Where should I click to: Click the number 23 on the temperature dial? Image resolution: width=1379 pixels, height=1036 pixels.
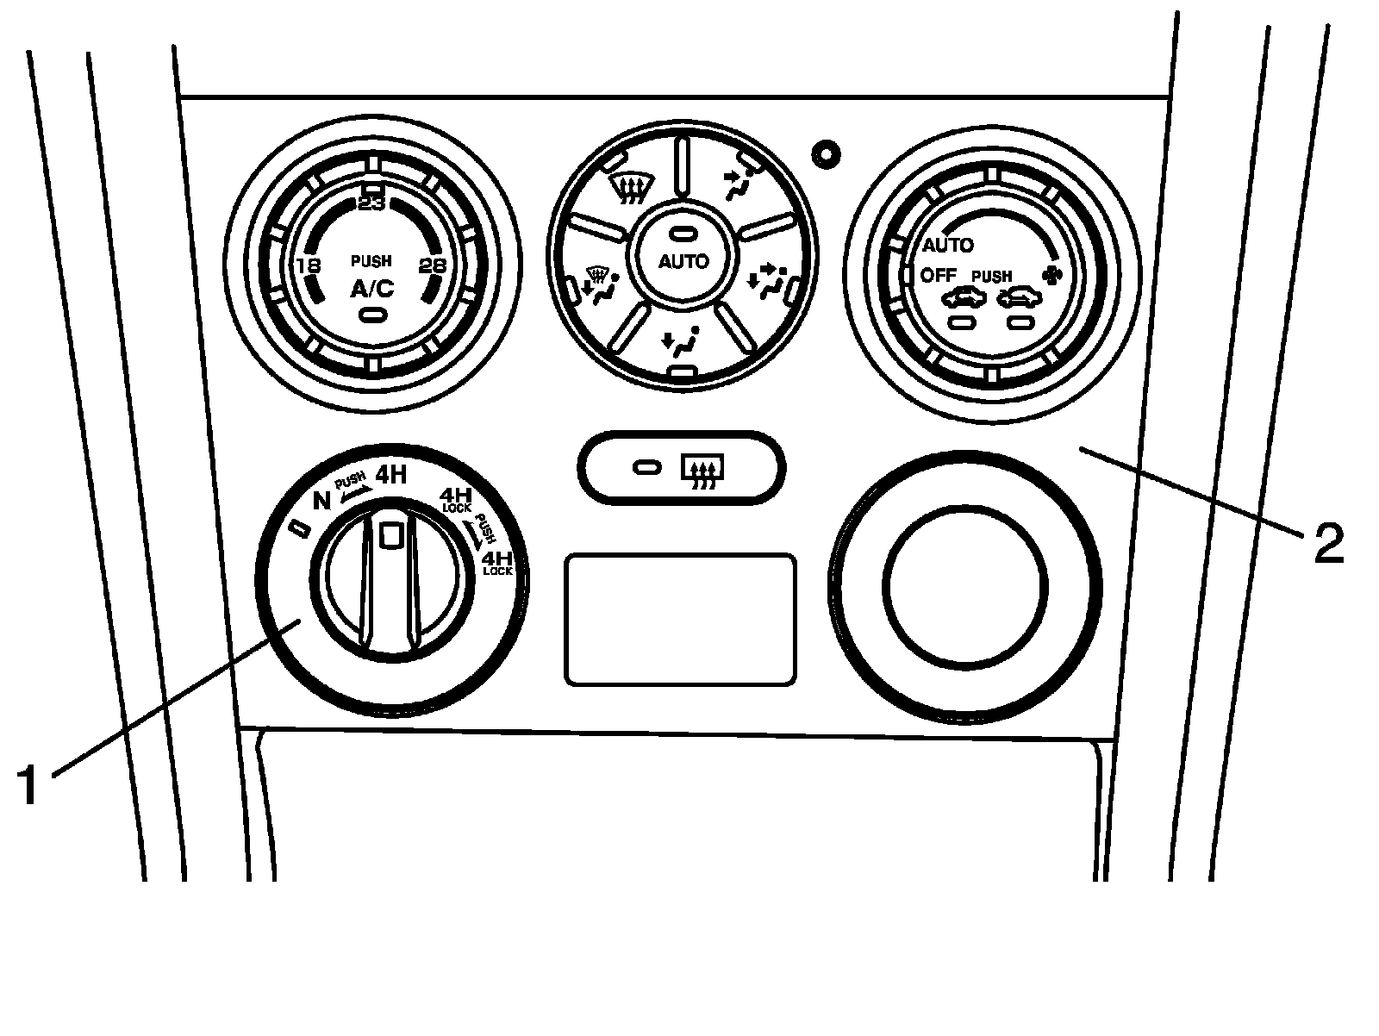tap(372, 204)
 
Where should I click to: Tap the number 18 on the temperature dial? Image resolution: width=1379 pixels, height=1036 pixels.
tap(308, 265)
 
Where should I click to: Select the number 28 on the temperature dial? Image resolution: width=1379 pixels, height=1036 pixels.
tap(432, 265)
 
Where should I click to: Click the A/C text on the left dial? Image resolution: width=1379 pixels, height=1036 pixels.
tap(371, 290)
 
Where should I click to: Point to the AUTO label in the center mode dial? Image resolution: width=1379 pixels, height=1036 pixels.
tap(683, 261)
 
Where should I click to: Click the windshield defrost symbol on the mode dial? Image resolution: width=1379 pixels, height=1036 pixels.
tap(631, 187)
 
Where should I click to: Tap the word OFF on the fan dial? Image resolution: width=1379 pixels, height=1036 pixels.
tap(939, 276)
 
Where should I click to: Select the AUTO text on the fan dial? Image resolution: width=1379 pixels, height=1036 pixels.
tap(947, 246)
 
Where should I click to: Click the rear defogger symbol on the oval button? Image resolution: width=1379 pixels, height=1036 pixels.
tap(703, 471)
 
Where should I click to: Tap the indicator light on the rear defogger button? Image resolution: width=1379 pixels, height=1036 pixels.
tap(646, 467)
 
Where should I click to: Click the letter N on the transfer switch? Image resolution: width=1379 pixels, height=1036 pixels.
tap(321, 501)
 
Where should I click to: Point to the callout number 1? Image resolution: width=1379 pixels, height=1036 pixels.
tap(28, 786)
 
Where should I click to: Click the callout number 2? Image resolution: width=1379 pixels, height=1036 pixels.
tap(1328, 544)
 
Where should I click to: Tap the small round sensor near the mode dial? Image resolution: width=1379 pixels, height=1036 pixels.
tap(827, 154)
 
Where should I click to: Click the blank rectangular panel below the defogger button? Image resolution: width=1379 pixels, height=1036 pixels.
tap(680, 620)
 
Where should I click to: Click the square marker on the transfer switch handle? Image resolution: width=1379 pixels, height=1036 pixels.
tap(391, 535)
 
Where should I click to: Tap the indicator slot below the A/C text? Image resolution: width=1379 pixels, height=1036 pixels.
tap(371, 315)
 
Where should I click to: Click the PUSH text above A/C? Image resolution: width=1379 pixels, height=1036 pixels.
tap(371, 261)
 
